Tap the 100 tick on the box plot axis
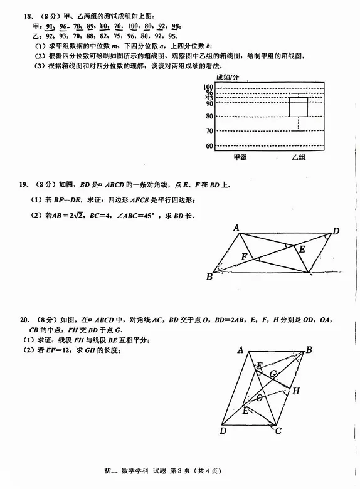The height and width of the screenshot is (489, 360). (x=208, y=87)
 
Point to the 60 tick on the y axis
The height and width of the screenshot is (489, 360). (x=209, y=145)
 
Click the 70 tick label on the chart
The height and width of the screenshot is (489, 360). (x=209, y=130)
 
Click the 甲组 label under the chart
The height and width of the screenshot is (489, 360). (x=240, y=157)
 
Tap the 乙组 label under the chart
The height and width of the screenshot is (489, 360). (x=298, y=157)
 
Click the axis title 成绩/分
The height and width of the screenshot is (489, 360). (x=228, y=77)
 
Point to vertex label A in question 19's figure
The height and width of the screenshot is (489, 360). (x=237, y=228)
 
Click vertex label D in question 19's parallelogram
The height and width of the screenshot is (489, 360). (x=336, y=231)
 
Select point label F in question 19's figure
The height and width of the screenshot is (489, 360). (x=244, y=256)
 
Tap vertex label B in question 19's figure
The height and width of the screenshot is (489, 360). (x=209, y=276)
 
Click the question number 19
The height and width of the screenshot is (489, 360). (x=23, y=184)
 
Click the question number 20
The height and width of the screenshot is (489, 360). (x=23, y=320)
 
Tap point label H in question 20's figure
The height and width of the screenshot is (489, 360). (x=295, y=391)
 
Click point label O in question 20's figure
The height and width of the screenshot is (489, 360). (x=258, y=397)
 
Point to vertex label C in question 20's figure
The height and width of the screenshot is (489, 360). (x=278, y=431)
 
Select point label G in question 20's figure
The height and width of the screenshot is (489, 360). (x=273, y=374)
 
